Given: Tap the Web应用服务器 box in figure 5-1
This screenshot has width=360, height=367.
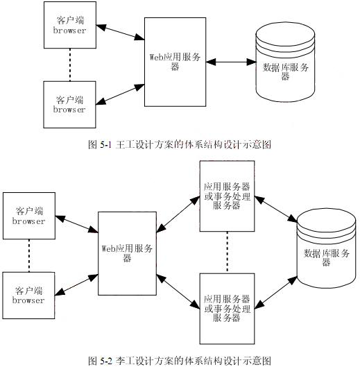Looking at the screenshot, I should pyautogui.click(x=174, y=62).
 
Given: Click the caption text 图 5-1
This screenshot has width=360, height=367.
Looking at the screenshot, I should pyautogui.click(x=180, y=144).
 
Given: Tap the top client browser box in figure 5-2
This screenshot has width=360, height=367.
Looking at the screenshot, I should pyautogui.click(x=28, y=216).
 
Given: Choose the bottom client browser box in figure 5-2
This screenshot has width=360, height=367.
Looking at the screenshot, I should pyautogui.click(x=28, y=295).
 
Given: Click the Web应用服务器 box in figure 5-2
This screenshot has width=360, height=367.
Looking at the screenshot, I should pyautogui.click(x=128, y=253).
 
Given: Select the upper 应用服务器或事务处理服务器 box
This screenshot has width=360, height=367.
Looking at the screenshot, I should pyautogui.click(x=227, y=195).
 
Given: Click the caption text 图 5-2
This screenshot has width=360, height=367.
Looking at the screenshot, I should pyautogui.click(x=180, y=361).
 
